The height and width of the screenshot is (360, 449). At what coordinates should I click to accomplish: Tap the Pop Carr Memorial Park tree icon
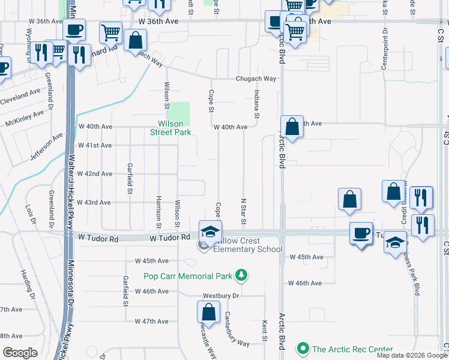pos(241,275)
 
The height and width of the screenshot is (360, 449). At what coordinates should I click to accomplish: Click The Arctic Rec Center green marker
pos(303,349)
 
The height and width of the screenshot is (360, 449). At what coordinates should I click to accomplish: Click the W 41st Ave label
pos(94,145)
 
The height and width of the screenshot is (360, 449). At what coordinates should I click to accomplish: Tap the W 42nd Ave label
pos(94,173)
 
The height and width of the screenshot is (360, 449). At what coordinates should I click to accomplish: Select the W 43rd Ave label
pos(92,202)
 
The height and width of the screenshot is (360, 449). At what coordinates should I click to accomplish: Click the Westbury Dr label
pos(221,296)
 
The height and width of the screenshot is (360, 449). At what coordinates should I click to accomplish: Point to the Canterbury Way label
pos(237,329)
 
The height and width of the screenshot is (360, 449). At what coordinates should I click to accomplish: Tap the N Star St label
pos(244,212)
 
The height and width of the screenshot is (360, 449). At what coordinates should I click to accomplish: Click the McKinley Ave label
pos(25,118)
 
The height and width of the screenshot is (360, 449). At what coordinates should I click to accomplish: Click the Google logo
pos(21,353)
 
